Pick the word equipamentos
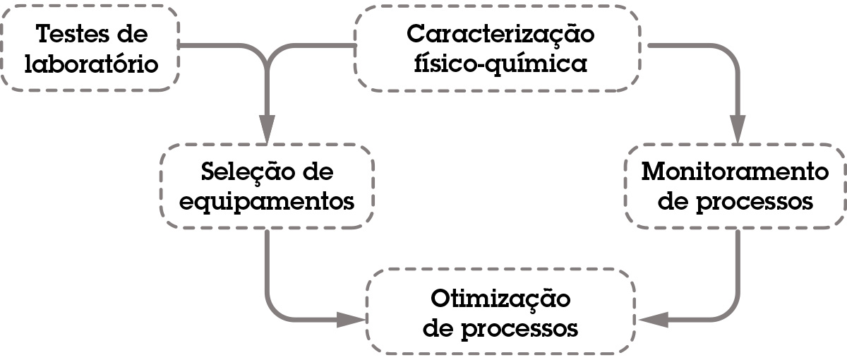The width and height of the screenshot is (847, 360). pos(267,203)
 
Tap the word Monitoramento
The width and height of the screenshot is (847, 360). pos(734,172)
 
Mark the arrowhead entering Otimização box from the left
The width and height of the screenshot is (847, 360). pos(352,319)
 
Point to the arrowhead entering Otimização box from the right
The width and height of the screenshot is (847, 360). pos(650,319)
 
